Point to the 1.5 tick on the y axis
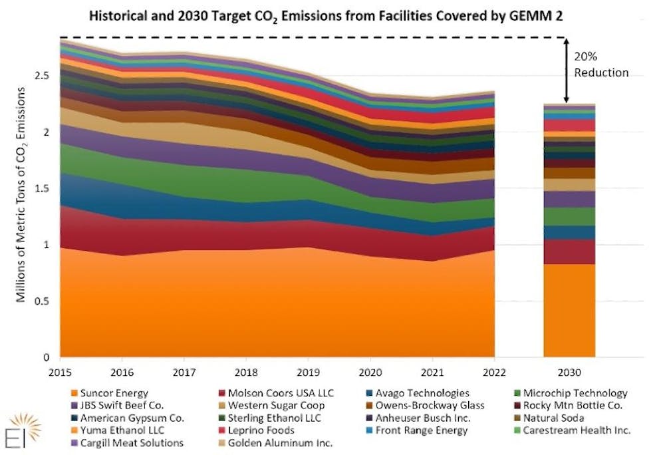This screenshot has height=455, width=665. (x=43, y=188)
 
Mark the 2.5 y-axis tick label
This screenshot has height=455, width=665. (x=43, y=76)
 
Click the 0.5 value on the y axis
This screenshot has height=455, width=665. (x=43, y=301)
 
